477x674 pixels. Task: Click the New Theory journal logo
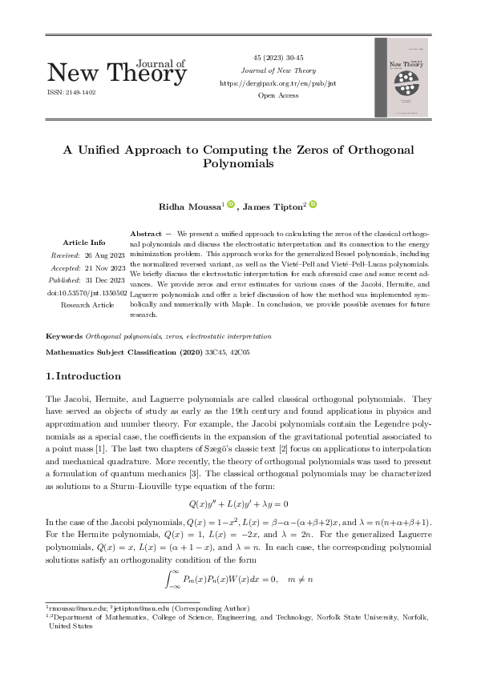(117, 71)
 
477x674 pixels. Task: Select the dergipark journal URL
(277, 83)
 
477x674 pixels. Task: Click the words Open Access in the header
(277, 95)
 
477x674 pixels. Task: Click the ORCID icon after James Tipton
(313, 205)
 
